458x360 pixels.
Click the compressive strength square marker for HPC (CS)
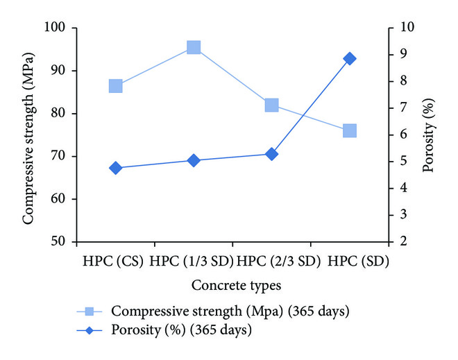click(116, 86)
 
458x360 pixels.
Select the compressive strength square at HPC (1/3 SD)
click(194, 47)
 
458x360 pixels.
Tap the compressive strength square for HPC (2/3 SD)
click(271, 105)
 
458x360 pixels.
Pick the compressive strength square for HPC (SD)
click(349, 131)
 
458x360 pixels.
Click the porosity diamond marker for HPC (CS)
click(116, 168)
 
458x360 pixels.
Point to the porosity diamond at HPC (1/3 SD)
click(194, 160)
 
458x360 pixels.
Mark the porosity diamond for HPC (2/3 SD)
click(271, 154)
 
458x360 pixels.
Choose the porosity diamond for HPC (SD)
click(349, 59)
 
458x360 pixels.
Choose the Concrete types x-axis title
click(232, 285)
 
